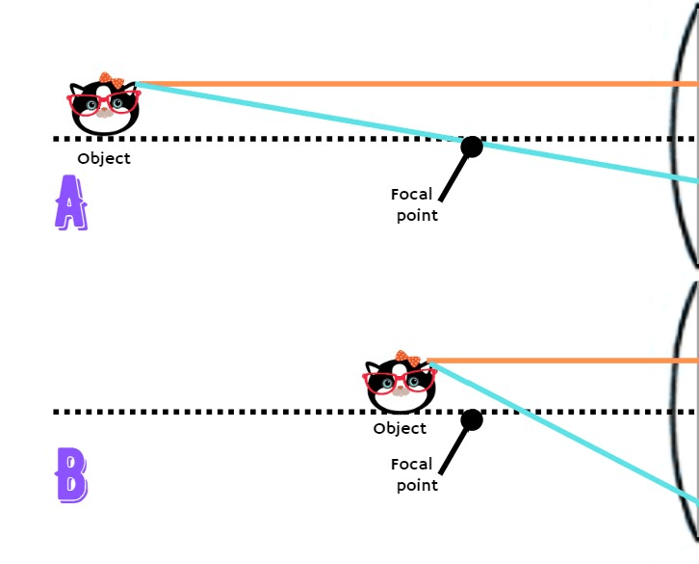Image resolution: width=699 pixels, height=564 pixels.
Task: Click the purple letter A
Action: [70, 202]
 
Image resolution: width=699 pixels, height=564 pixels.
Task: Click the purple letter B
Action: [71, 474]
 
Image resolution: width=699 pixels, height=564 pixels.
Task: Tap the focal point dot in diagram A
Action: [472, 147]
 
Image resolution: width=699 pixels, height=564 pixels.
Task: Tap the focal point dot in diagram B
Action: [472, 419]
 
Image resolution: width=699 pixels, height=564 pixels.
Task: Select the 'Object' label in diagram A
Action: [104, 159]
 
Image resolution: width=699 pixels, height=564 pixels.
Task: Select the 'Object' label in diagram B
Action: [400, 429]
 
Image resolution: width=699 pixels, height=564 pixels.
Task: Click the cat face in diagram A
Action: [104, 106]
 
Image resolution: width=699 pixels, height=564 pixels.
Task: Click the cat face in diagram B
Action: [400, 384]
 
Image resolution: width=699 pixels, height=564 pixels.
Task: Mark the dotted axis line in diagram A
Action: [289, 139]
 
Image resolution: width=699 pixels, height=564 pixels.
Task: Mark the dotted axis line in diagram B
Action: [241, 412]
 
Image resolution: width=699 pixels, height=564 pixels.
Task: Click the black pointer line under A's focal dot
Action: [454, 179]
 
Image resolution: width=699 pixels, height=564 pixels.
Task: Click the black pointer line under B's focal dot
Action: [453, 450]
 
